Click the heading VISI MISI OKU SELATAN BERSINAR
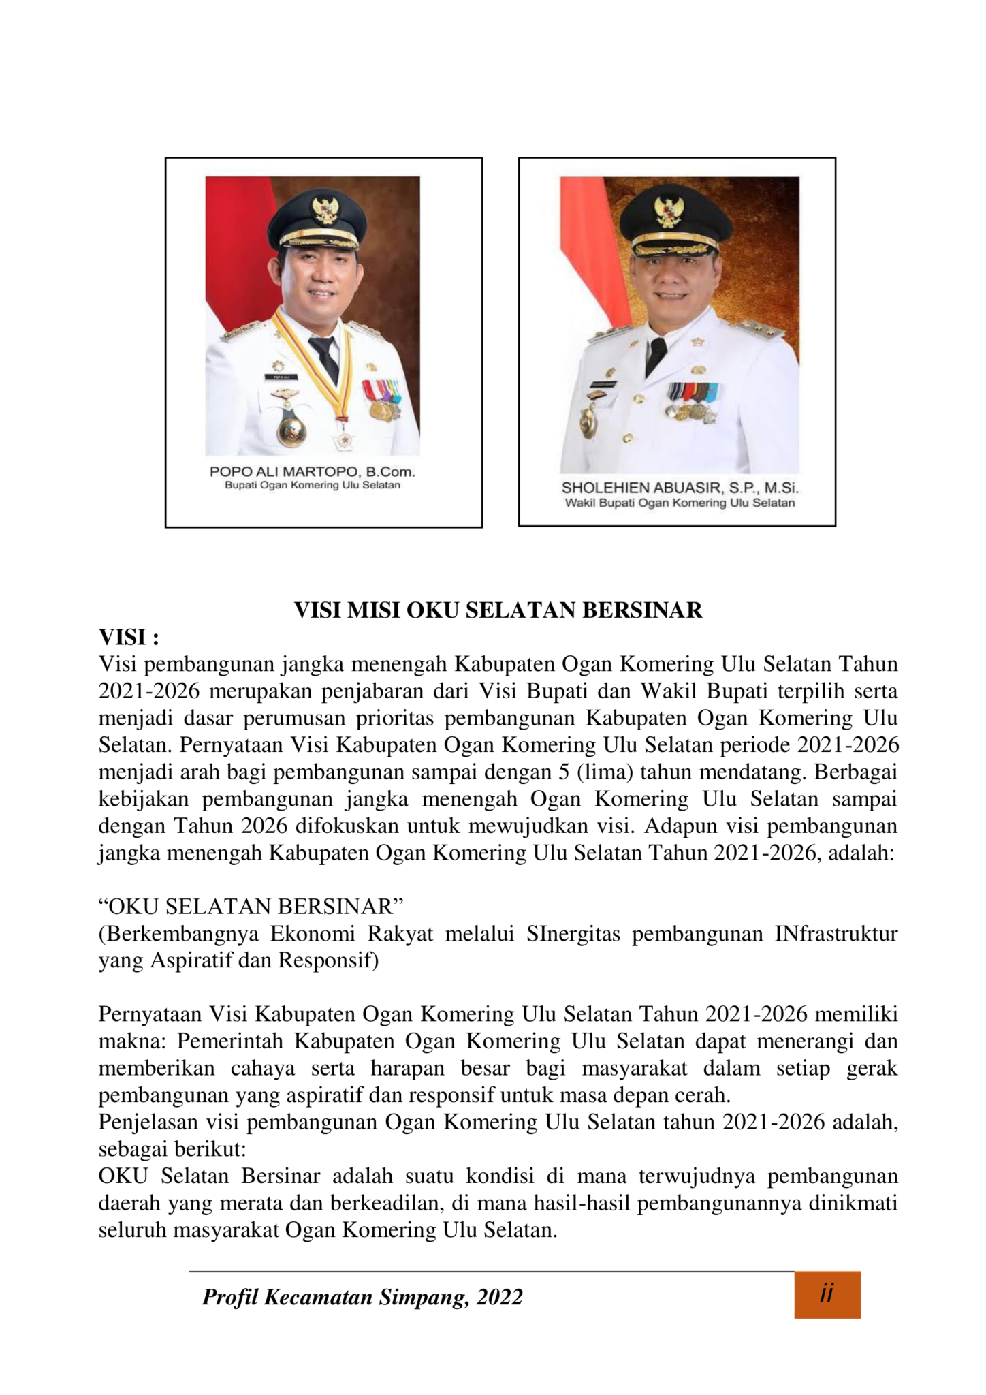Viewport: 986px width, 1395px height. click(498, 610)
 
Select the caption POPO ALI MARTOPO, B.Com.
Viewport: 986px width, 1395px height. click(312, 472)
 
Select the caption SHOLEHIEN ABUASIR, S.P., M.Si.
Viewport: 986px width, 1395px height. click(680, 488)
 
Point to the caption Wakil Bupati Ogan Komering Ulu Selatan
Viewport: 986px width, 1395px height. click(680, 503)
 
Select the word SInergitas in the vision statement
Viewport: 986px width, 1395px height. click(573, 934)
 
